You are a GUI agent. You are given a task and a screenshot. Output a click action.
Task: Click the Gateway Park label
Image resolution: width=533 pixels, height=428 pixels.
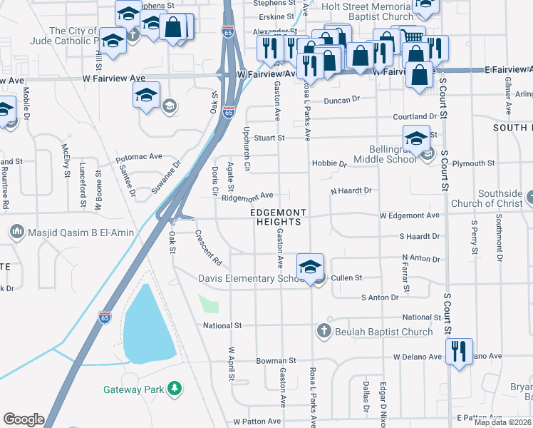tap(133, 389)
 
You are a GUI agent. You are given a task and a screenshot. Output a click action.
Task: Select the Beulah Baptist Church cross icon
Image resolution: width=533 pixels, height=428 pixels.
tap(324, 331)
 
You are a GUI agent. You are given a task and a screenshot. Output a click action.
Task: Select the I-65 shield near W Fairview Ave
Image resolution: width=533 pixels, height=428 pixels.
tap(228, 112)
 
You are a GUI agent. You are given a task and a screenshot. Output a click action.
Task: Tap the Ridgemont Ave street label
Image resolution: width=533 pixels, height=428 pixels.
tap(247, 195)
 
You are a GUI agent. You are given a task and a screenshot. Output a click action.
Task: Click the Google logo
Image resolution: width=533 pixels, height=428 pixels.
tap(24, 419)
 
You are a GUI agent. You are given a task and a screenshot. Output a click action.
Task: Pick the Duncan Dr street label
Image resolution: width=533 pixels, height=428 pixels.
tap(342, 101)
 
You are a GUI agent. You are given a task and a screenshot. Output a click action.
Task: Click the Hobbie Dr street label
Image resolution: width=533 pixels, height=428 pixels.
tap(328, 163)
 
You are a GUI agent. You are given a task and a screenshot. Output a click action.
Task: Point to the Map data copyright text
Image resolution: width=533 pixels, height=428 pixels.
tap(503, 422)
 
